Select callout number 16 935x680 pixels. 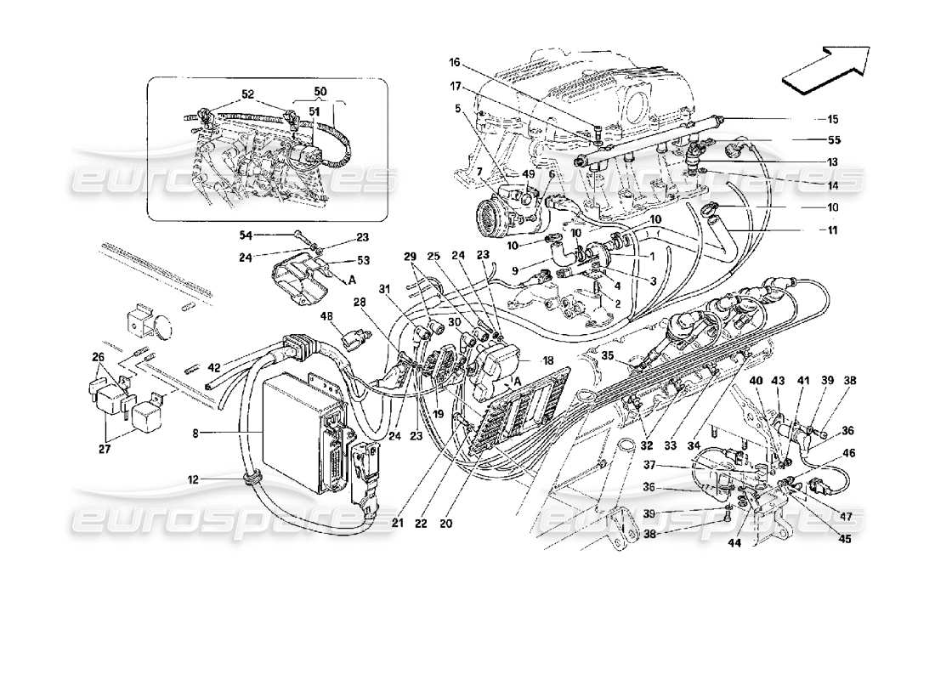coord(455,62)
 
